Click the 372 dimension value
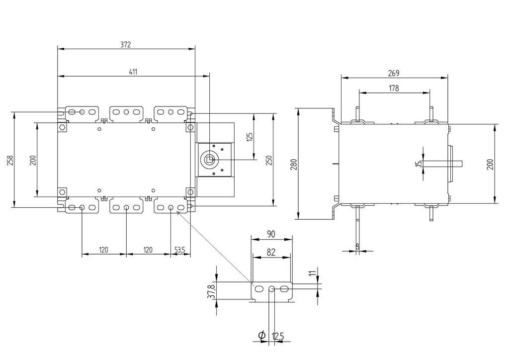pyautogui.click(x=125, y=45)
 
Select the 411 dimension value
pyautogui.click(x=133, y=72)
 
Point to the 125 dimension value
pyautogui.click(x=250, y=136)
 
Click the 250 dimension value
pyautogui.click(x=268, y=160)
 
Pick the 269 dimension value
pyautogui.click(x=393, y=73)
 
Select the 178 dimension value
pyautogui.click(x=394, y=89)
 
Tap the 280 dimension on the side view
pyautogui.click(x=293, y=164)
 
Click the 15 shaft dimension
pyautogui.click(x=418, y=163)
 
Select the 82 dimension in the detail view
pyautogui.click(x=271, y=252)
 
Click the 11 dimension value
pyautogui.click(x=312, y=274)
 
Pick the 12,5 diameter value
pyautogui.click(x=278, y=337)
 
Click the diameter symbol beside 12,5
pyautogui.click(x=262, y=336)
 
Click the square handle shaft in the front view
pyautogui.click(x=209, y=160)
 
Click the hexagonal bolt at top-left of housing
pyautogui.click(x=62, y=127)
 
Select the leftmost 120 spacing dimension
pyautogui.click(x=104, y=250)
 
